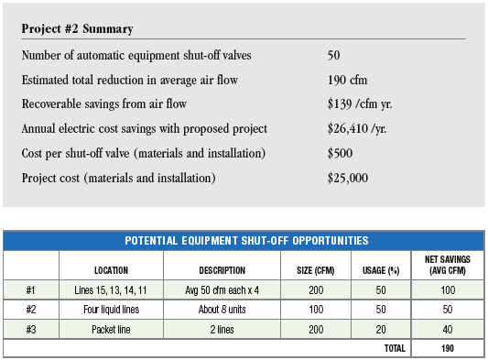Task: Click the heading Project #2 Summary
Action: pyautogui.click(x=77, y=28)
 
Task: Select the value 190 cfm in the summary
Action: pyautogui.click(x=347, y=80)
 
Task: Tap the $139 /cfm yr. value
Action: pyautogui.click(x=360, y=104)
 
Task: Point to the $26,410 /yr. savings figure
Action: pyautogui.click(x=357, y=128)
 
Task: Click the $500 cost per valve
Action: pyautogui.click(x=340, y=153)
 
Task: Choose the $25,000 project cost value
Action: pyautogui.click(x=348, y=178)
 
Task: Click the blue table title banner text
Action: pyautogui.click(x=246, y=240)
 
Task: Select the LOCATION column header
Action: pyautogui.click(x=111, y=270)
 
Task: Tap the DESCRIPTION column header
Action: pyautogui.click(x=222, y=270)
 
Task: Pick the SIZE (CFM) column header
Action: pyautogui.click(x=316, y=270)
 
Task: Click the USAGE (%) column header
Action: pyautogui.click(x=381, y=270)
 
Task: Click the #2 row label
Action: pyautogui.click(x=31, y=310)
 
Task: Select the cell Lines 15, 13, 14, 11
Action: pyautogui.click(x=111, y=290)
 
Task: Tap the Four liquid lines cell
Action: pyautogui.click(x=111, y=310)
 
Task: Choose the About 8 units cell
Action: pyautogui.click(x=222, y=310)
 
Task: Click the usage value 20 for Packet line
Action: pyautogui.click(x=381, y=330)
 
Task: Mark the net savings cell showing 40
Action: pyautogui.click(x=448, y=330)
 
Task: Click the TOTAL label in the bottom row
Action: pyautogui.click(x=395, y=348)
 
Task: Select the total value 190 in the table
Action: pyautogui.click(x=448, y=348)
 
